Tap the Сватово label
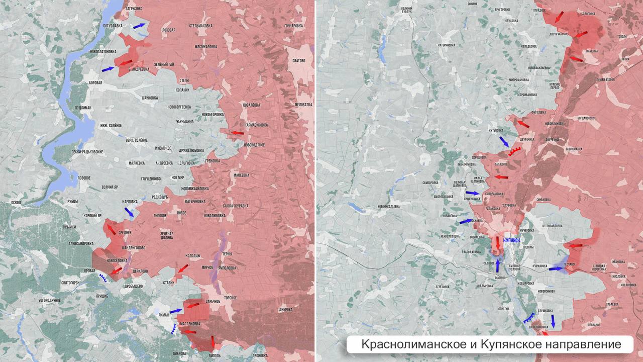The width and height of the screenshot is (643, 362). coord(298,61)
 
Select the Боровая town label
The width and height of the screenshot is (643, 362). coord(95,82)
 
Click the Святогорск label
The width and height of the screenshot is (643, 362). coord(71,283)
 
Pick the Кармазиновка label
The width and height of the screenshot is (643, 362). coord(256,125)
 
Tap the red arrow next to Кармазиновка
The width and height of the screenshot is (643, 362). coord(237,133)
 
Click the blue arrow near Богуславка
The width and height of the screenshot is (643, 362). coord(139,25)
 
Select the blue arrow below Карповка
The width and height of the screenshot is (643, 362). coord(129,212)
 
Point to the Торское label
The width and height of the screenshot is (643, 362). coord(230,298)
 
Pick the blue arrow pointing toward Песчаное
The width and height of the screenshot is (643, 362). coord(556,268)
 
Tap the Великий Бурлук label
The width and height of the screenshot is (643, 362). coord(407,11)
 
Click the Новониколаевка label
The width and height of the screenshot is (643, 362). coord(389,206)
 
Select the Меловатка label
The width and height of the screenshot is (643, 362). coord(303,105)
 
